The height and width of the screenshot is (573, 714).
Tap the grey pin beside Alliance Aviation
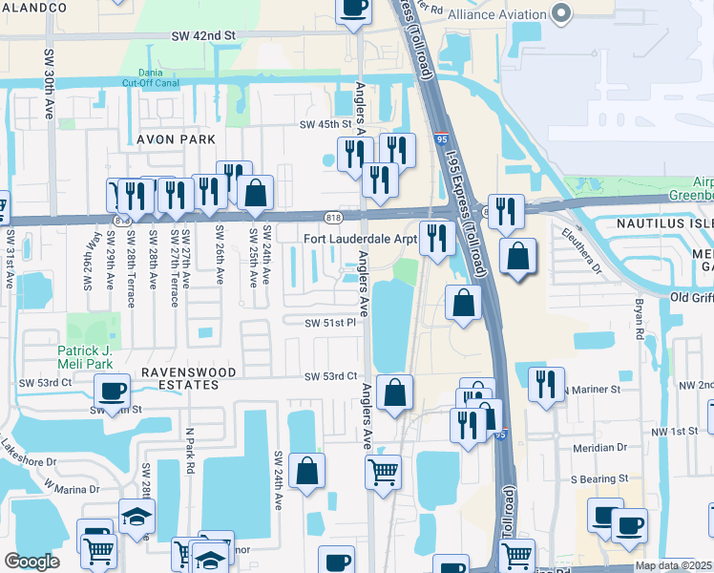pyautogui.click(x=560, y=14)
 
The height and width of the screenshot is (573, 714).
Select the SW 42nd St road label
pyautogui.click(x=203, y=35)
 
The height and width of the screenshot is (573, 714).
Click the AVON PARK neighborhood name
pyautogui.click(x=176, y=139)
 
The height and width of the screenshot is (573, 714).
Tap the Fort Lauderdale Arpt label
pyautogui.click(x=361, y=239)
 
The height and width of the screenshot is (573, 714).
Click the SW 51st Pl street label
pyautogui.click(x=330, y=324)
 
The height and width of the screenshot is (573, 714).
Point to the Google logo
pyautogui.click(x=31, y=562)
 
